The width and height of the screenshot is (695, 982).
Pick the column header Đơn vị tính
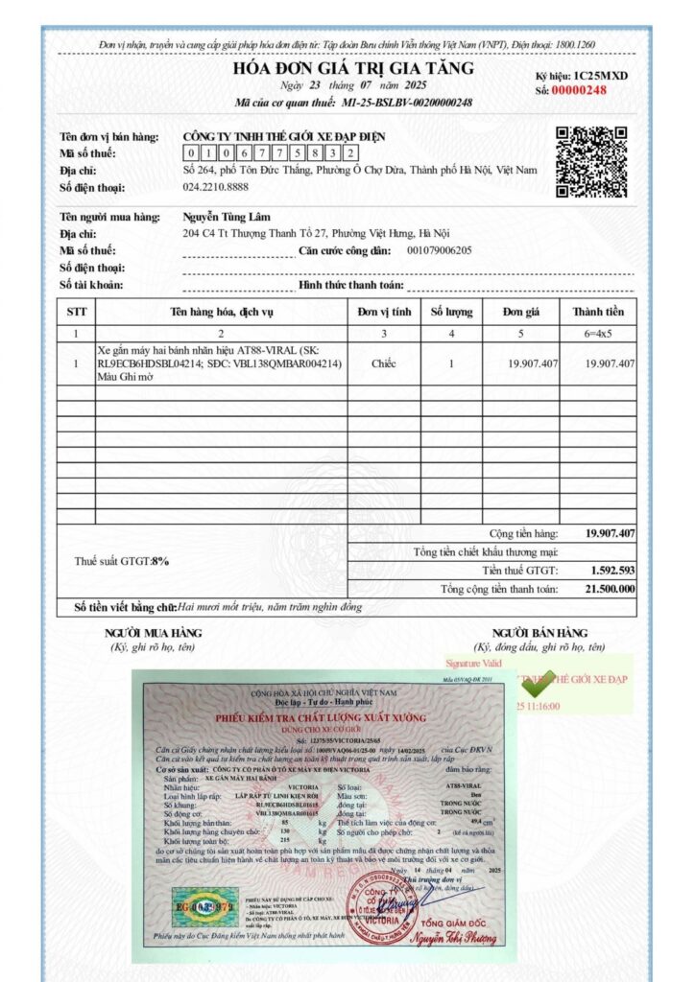click(384, 312)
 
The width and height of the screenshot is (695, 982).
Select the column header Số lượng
click(451, 312)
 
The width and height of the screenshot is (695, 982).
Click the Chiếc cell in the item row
click(384, 364)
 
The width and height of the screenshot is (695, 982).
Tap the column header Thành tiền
click(598, 312)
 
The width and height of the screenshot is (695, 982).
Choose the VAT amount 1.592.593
click(610, 570)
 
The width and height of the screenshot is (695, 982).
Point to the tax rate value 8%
click(160, 561)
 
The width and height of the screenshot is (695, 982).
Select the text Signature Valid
click(473, 663)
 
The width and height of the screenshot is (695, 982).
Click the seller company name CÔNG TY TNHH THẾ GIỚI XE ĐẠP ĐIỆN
click(284, 137)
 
